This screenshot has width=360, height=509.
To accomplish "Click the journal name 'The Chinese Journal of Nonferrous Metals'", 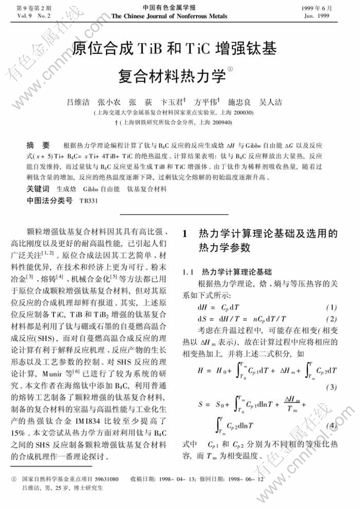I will [179, 16].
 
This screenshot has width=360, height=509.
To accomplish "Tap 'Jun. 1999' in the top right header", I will [330, 16].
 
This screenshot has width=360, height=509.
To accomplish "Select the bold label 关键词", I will [39, 189].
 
